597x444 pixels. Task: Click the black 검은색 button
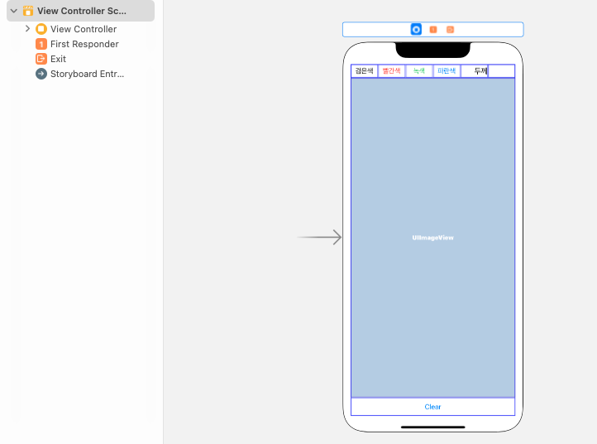point(365,71)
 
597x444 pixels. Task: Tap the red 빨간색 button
point(392,71)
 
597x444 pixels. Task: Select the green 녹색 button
point(419,71)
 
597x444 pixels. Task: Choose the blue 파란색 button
point(447,71)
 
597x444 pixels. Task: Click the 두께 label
point(480,71)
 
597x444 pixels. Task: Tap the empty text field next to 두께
point(501,71)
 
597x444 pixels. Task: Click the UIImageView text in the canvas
point(433,238)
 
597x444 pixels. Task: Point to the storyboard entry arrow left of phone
point(320,238)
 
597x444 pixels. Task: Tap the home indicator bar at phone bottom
point(432,427)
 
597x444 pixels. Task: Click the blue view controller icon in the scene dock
point(417,30)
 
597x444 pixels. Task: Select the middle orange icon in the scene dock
point(433,30)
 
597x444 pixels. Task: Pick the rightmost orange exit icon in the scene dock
point(450,30)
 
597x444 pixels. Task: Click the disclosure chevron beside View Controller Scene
point(13,11)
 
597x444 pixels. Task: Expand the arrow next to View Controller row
point(27,29)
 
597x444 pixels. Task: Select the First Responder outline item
point(84,44)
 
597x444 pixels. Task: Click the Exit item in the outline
point(58,59)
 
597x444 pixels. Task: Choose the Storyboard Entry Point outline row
point(87,74)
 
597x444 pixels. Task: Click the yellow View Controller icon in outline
point(41,29)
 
